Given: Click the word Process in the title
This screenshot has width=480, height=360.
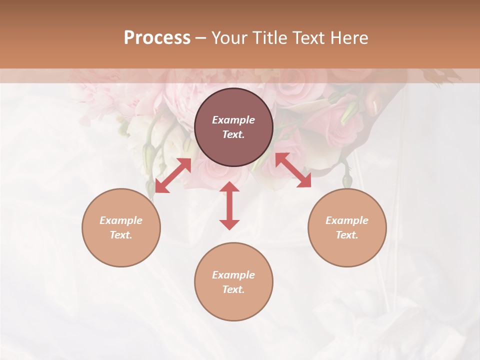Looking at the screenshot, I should (x=157, y=38).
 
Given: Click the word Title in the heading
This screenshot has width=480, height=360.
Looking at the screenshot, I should (x=267, y=38).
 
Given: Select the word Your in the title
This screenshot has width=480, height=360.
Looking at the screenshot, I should (x=228, y=38).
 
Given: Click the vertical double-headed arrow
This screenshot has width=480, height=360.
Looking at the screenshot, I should (x=229, y=205).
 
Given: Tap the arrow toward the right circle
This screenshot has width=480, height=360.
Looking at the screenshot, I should (x=293, y=170).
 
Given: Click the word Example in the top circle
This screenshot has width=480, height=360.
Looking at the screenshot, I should (x=233, y=120).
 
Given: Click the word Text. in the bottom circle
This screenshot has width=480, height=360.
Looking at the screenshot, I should (x=233, y=289).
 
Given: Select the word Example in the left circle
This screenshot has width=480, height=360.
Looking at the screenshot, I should (x=121, y=220).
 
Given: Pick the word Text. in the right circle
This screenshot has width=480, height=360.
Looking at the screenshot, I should (x=347, y=235).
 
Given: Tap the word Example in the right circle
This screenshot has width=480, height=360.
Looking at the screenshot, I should (x=347, y=220).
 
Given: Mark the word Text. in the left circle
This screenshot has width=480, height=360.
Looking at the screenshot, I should (x=121, y=235).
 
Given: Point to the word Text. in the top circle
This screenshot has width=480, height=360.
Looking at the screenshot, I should (x=233, y=134).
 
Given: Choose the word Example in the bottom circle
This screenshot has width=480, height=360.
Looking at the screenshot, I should (x=233, y=275).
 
